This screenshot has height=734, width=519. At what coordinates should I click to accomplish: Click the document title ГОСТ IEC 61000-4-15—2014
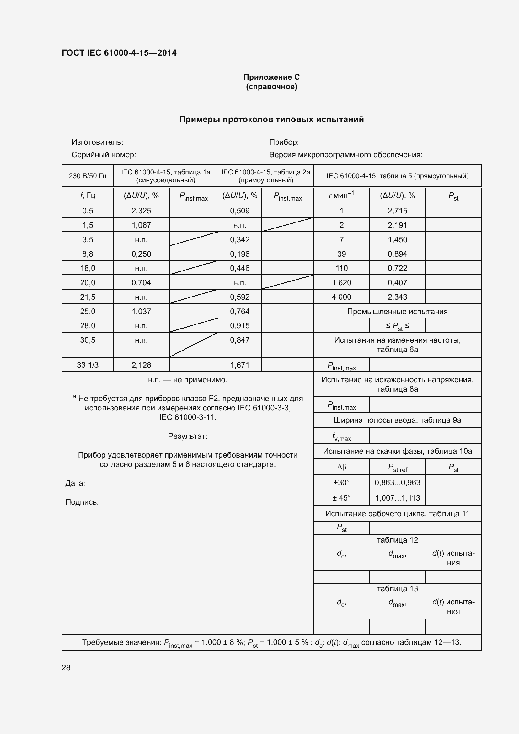(x=119, y=53)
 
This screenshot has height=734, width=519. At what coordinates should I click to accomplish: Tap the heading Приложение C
(x=271, y=77)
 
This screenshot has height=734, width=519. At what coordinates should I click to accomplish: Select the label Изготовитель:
(x=97, y=142)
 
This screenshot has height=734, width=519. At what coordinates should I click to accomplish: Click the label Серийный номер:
(x=104, y=155)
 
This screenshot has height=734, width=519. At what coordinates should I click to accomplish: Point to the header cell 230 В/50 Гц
(x=88, y=176)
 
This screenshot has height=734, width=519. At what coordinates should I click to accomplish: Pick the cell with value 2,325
(x=141, y=211)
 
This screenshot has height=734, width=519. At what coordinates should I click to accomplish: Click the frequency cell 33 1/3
(x=88, y=365)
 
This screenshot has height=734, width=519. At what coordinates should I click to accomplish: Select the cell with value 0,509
(x=240, y=211)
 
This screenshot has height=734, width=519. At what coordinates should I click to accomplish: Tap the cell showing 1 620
(x=341, y=283)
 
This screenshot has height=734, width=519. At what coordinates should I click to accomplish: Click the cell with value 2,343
(x=397, y=297)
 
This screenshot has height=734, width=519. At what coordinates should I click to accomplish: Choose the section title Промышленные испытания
(x=397, y=311)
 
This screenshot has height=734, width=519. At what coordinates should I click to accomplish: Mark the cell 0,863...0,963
(x=397, y=482)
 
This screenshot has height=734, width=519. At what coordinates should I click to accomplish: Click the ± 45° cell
(x=341, y=498)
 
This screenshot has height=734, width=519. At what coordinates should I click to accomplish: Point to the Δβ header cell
(x=341, y=467)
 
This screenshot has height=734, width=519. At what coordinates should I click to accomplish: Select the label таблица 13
(x=397, y=588)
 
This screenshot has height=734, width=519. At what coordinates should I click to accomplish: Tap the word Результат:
(x=188, y=436)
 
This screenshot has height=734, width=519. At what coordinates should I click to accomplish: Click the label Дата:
(x=75, y=483)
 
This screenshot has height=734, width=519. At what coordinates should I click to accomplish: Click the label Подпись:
(x=82, y=502)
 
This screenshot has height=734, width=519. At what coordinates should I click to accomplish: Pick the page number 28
(x=66, y=667)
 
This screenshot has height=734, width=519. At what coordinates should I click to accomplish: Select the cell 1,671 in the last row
(x=240, y=365)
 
